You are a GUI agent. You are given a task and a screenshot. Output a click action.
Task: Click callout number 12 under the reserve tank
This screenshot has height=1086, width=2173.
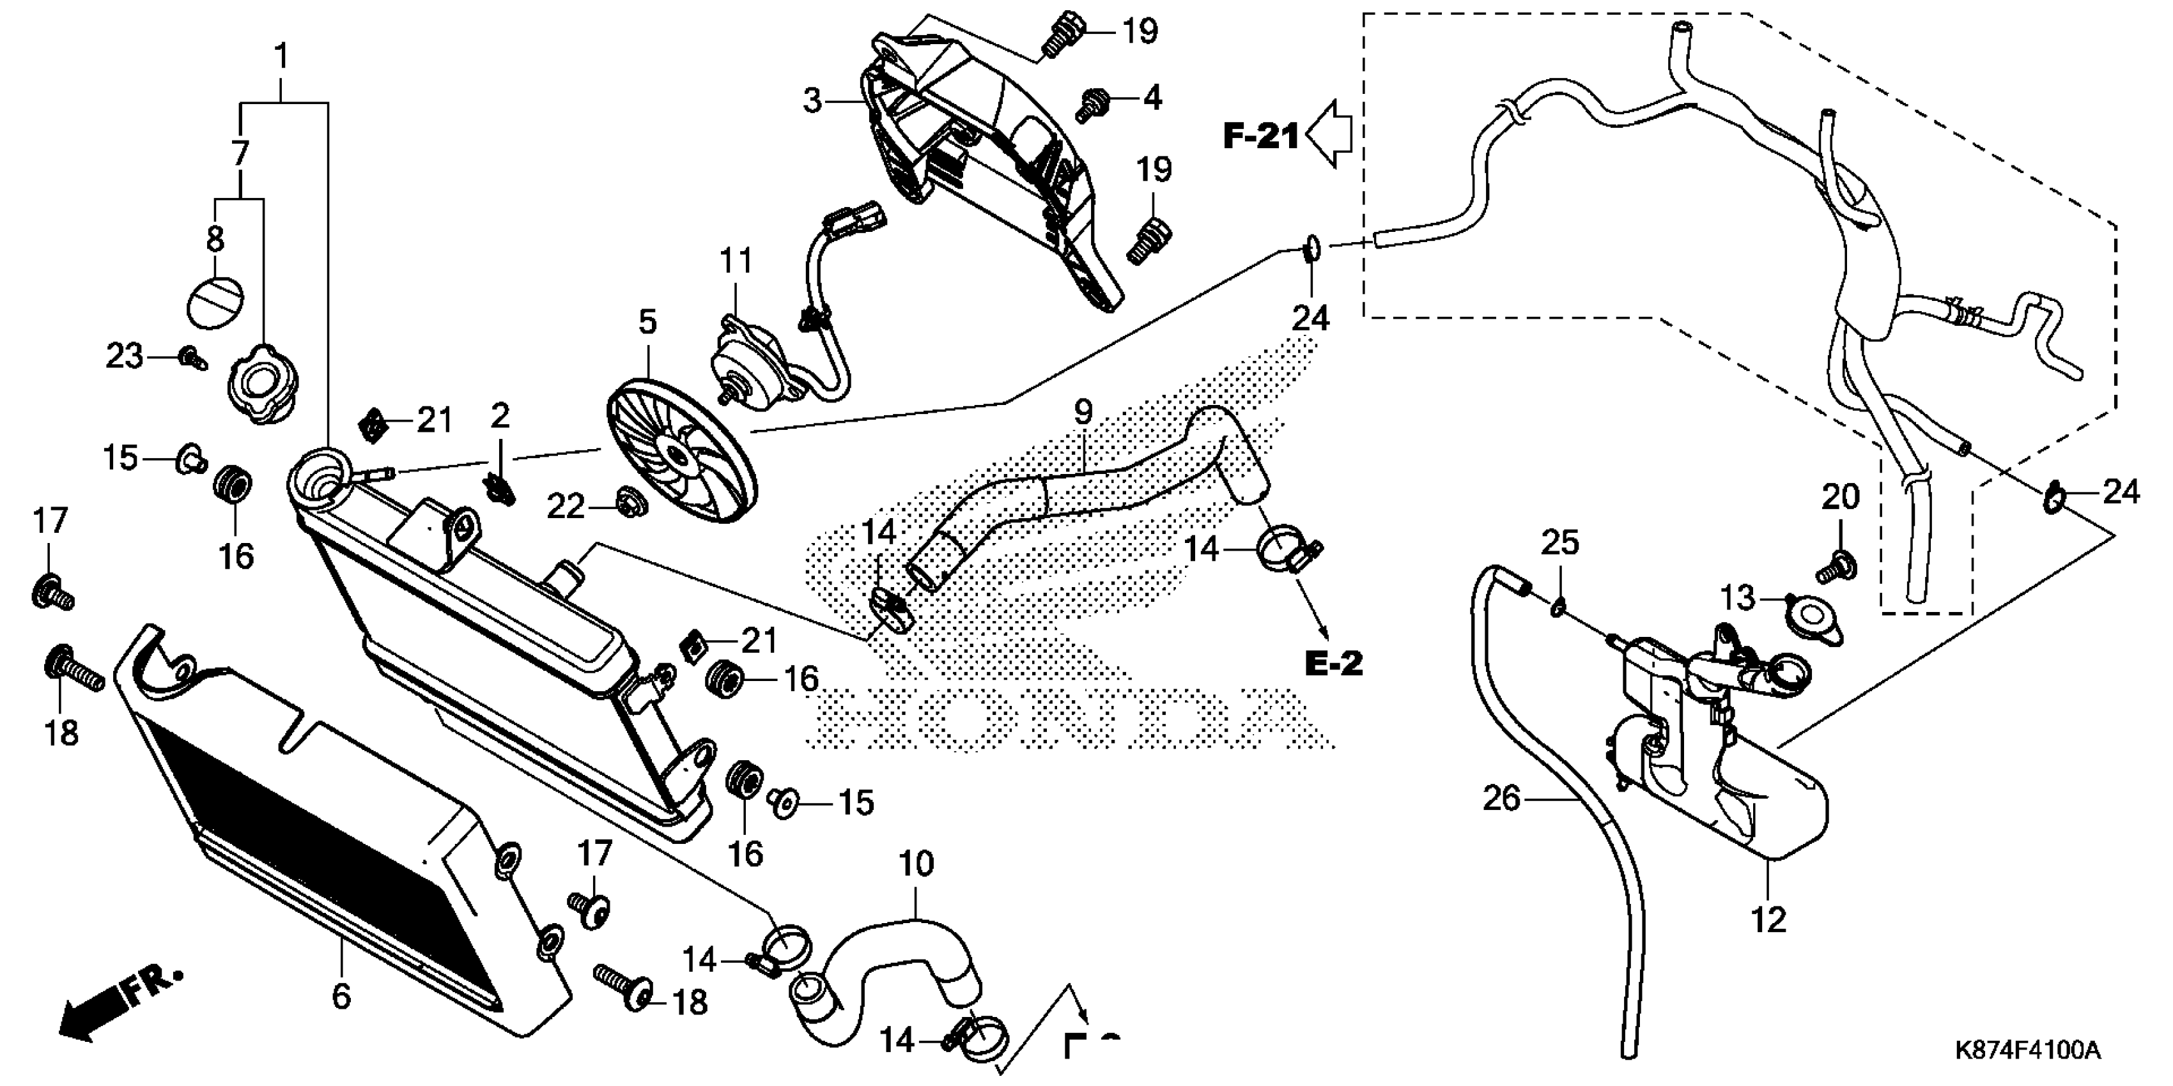[x=1768, y=919]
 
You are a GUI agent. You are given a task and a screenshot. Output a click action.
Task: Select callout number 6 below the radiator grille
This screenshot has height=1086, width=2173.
[x=341, y=996]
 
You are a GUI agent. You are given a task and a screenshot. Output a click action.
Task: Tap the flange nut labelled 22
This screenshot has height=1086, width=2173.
[x=628, y=503]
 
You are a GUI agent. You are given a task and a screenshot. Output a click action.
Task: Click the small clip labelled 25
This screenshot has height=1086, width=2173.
[x=1558, y=604]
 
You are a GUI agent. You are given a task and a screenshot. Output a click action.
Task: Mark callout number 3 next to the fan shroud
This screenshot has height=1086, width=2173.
[x=812, y=102]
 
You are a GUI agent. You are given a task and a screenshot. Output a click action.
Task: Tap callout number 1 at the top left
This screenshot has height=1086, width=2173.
[x=282, y=57]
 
